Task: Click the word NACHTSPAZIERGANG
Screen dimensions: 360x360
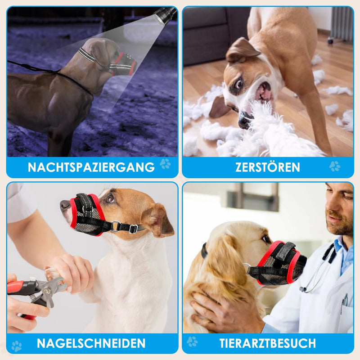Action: [91, 167]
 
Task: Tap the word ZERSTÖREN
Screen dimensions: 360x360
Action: [267, 167]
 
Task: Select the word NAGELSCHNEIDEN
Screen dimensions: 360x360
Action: [91, 343]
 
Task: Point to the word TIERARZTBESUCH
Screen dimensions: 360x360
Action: [267, 343]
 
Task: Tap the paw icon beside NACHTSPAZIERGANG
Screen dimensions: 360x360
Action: [165, 164]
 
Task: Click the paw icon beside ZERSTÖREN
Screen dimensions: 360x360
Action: [335, 166]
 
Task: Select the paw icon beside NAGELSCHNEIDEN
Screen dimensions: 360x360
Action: [17, 346]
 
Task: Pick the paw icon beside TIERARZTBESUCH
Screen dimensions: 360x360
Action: [192, 342]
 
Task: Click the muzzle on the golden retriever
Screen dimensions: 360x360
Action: [279, 263]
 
